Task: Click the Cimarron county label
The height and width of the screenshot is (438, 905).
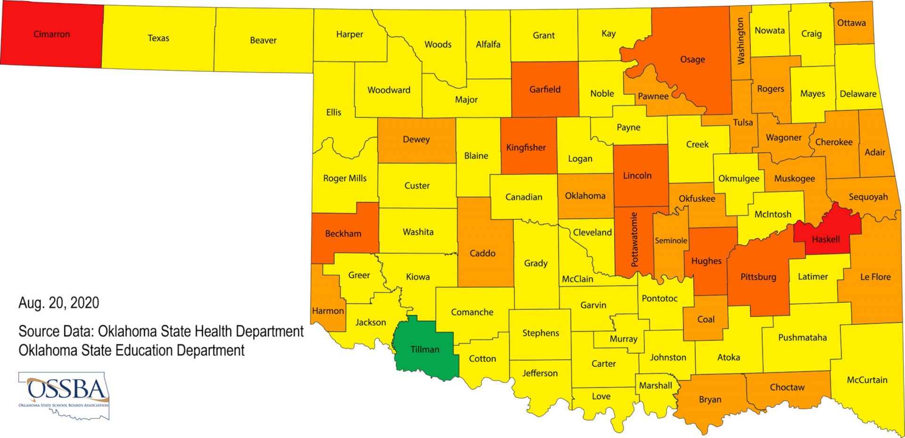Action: pyautogui.click(x=51, y=34)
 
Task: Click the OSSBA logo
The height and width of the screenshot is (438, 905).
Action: pyautogui.click(x=64, y=395)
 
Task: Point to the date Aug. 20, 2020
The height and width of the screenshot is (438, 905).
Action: pyautogui.click(x=59, y=303)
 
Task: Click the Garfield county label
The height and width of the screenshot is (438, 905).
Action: pyautogui.click(x=545, y=89)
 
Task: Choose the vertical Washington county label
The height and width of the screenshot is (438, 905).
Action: pyautogui.click(x=741, y=41)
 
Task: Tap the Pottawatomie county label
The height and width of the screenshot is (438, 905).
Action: pyautogui.click(x=634, y=240)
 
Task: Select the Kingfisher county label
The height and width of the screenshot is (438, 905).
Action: pyautogui.click(x=526, y=147)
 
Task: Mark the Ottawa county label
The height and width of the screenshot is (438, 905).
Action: pyautogui.click(x=851, y=23)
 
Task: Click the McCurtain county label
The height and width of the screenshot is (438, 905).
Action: pyautogui.click(x=867, y=380)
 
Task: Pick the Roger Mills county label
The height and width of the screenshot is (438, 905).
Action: pyautogui.click(x=345, y=178)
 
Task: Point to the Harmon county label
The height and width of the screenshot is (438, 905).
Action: pyautogui.click(x=328, y=311)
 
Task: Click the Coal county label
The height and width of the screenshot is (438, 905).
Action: pyautogui.click(x=706, y=319)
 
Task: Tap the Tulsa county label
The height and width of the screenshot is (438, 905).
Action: pyautogui.click(x=743, y=122)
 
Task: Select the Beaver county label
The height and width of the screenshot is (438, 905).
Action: pyautogui.click(x=263, y=40)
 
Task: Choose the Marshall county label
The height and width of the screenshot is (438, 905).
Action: pyautogui.click(x=655, y=385)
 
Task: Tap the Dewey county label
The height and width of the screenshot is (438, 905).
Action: pyautogui.click(x=416, y=139)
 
